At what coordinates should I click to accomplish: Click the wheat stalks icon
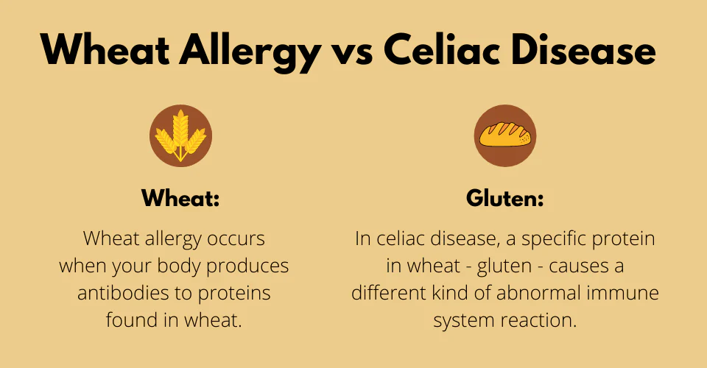180,135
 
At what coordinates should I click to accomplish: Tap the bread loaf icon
504,135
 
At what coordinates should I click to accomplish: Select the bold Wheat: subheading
180,198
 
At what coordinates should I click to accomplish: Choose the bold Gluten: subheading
504,198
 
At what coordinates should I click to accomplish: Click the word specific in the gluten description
558,238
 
